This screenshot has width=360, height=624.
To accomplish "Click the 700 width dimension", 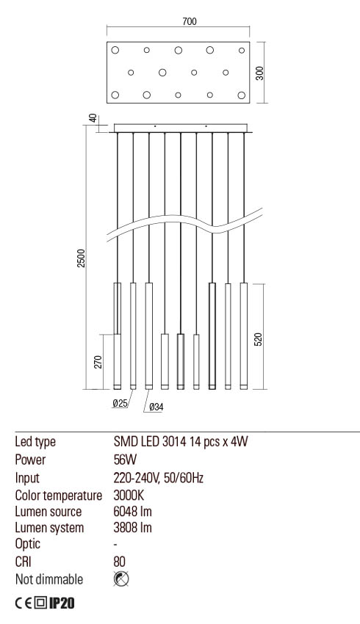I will tap(189, 22).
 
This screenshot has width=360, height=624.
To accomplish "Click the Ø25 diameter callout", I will tap(120, 404).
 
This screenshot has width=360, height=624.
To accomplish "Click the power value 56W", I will tap(126, 460).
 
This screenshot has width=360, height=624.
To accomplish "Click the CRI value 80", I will tap(120, 562).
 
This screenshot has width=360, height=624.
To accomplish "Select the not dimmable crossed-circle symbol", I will tap(122, 579).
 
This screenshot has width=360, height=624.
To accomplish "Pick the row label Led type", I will tap(35, 443).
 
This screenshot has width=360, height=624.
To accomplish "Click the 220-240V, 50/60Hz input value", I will tap(158, 477).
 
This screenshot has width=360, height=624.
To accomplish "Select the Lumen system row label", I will tap(49, 528).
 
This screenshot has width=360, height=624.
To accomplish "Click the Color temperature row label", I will tap(58, 494).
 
